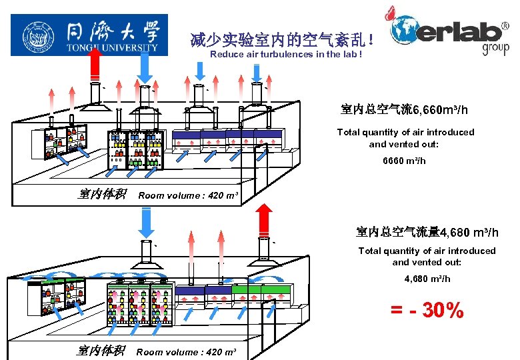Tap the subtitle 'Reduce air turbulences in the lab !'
tap(286, 55)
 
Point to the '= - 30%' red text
tap(427, 310)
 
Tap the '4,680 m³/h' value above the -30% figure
tap(427, 279)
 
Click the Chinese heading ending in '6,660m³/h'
tap(404, 109)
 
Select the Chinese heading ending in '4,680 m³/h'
tap(427, 232)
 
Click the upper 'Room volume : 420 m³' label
tap(187, 195)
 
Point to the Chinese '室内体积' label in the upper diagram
tap(102, 195)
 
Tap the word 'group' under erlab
tap(495, 48)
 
